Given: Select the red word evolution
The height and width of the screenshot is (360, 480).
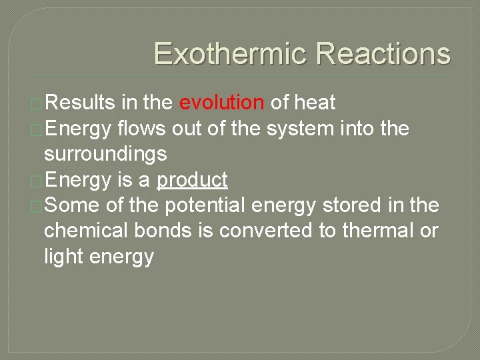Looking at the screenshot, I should pos(222,103).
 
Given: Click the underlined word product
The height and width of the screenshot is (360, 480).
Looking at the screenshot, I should pos(192,180).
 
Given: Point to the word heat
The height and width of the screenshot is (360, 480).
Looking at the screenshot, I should pos(315,103).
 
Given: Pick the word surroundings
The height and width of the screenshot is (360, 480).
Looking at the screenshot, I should pos(105,155).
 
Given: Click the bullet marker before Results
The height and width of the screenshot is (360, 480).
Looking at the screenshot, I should pos(37,103).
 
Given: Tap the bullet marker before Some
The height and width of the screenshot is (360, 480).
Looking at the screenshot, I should pos(37,207).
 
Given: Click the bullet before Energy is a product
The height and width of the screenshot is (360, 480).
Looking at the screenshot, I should pos(37,181).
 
